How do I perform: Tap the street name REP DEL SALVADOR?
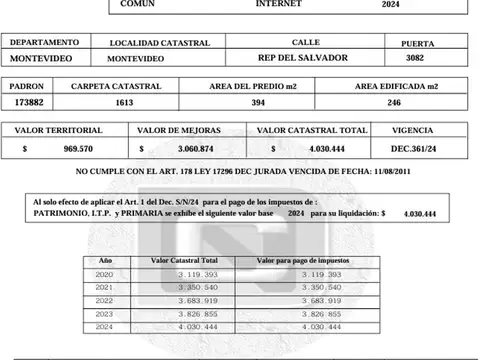pyautogui.click(x=303, y=59)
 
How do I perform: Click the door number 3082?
pyautogui.click(x=415, y=59)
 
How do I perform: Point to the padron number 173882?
pyautogui.click(x=34, y=103)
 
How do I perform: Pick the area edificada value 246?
pyautogui.click(x=393, y=103)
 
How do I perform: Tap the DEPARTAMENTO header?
pyautogui.click(x=43, y=43)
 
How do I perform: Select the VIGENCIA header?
pyautogui.click(x=414, y=131)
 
